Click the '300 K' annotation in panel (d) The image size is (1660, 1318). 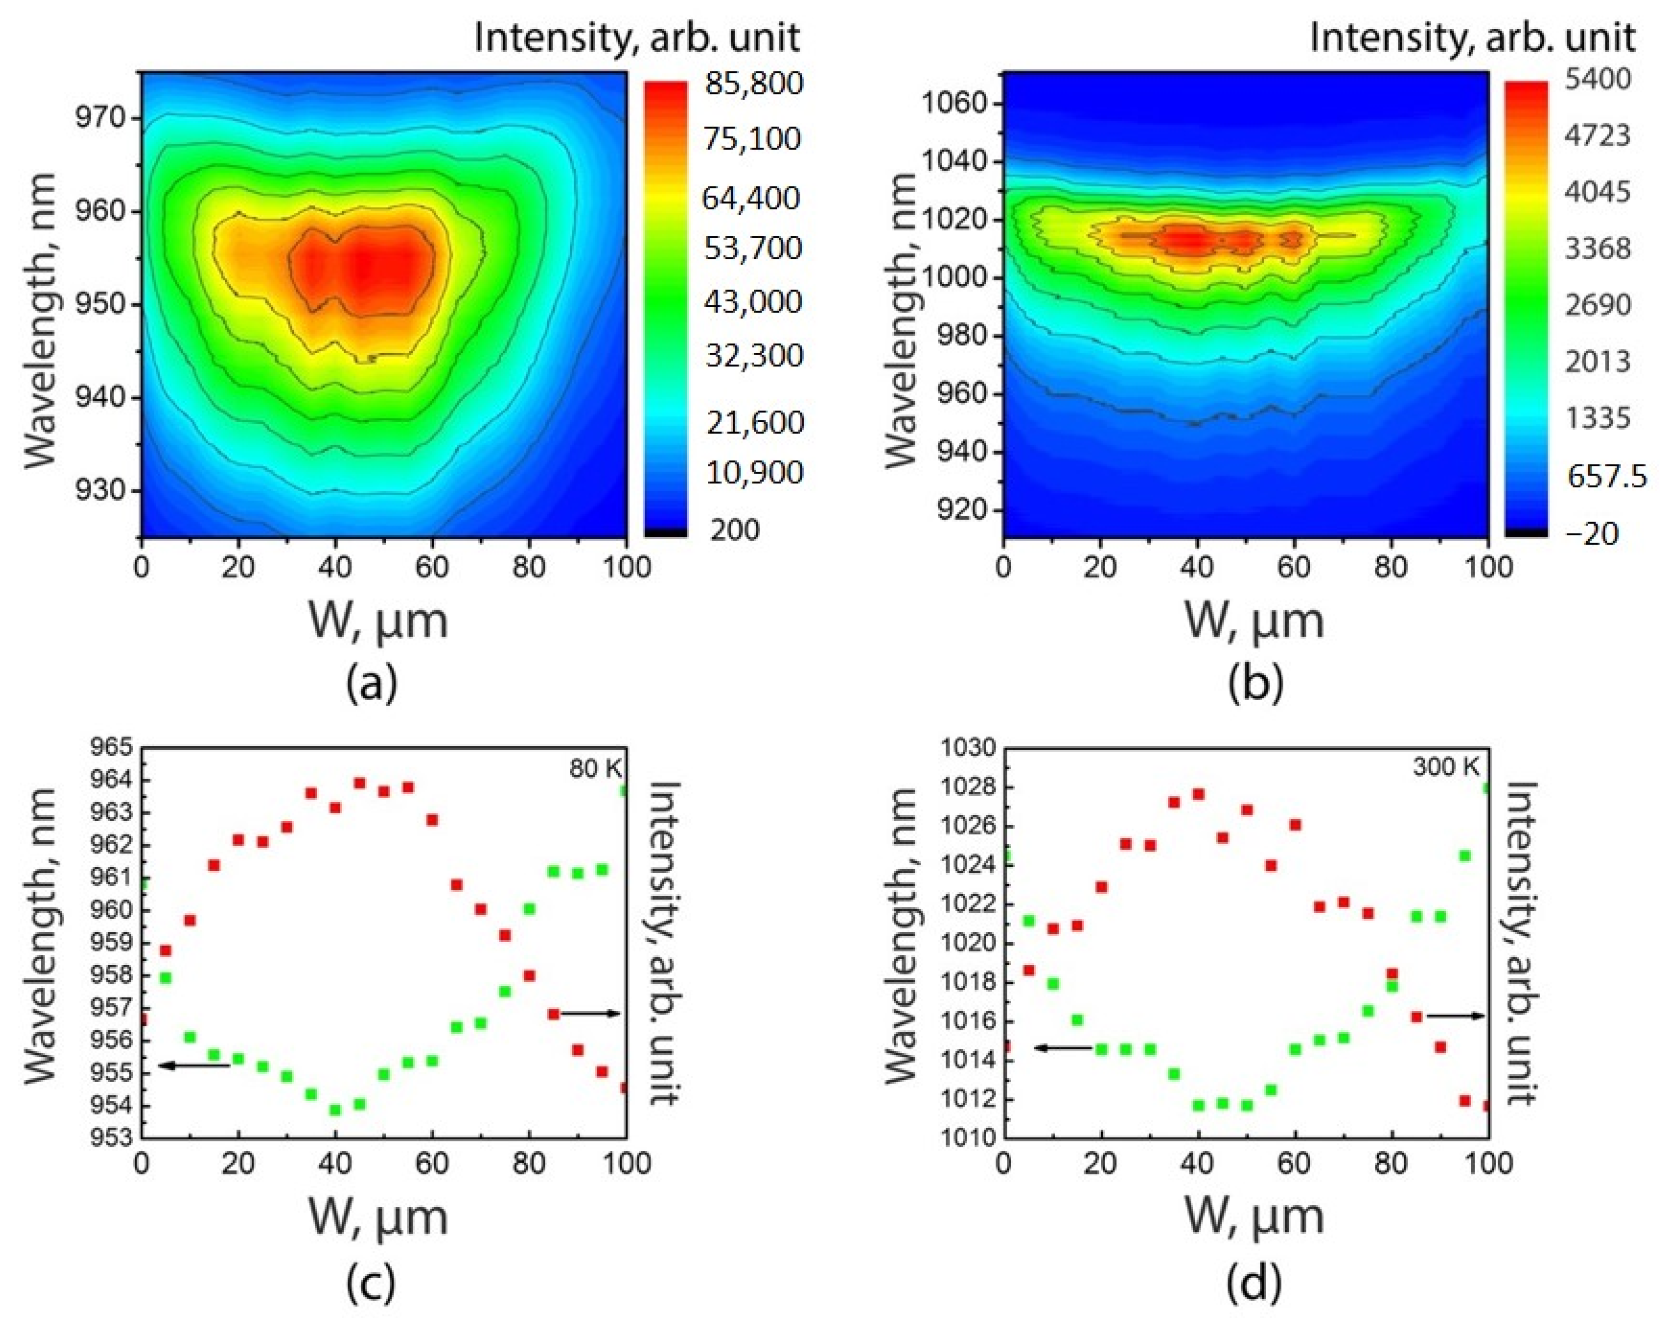tap(1445, 767)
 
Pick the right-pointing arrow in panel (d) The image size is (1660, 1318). tap(1455, 1016)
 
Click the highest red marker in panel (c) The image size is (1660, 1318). tap(359, 783)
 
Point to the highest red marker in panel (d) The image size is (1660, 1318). tap(1198, 794)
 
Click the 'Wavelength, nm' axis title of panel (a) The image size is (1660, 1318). tap(42, 320)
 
